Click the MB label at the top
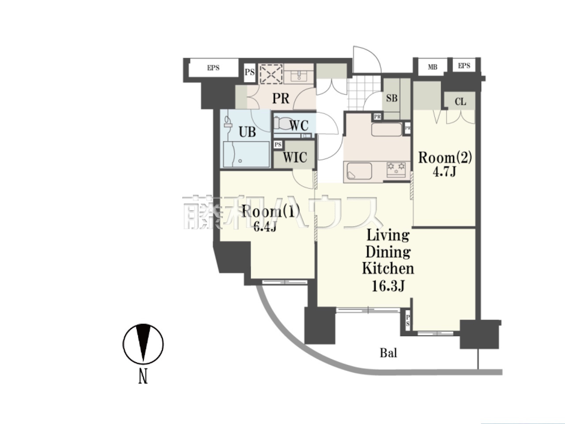(432, 67)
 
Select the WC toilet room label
(299, 125)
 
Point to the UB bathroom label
(247, 132)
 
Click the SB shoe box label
(392, 98)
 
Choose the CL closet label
(460, 102)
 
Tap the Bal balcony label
(388, 353)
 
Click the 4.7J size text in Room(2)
(444, 172)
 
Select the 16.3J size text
(388, 286)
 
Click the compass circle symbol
(143, 344)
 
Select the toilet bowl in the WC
(282, 124)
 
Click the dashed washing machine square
(271, 74)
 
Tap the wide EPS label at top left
(213, 68)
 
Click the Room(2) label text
(445, 158)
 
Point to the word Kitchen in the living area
(388, 268)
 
